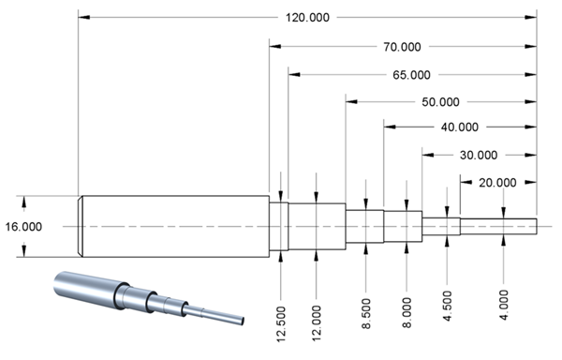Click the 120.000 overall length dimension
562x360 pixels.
(307, 18)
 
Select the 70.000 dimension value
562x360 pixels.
(402, 47)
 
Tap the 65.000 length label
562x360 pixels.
(411, 75)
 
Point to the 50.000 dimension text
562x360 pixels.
(440, 102)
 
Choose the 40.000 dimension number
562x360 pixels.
(460, 127)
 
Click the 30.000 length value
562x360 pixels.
(479, 156)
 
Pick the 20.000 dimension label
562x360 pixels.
(497, 183)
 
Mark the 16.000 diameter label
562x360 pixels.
(23, 227)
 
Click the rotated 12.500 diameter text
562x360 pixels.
(281, 323)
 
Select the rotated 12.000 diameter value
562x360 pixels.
(317, 323)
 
